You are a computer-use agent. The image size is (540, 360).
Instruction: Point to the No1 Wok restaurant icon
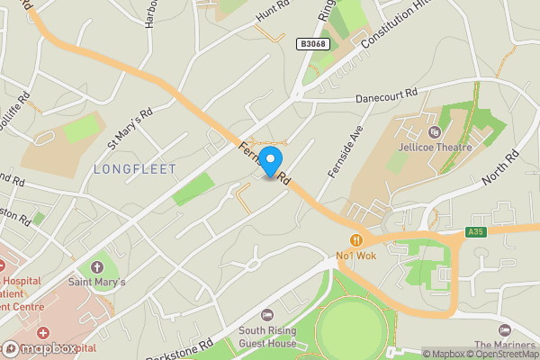[x=357, y=240]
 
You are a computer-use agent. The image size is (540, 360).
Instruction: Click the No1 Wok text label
[x=357, y=256]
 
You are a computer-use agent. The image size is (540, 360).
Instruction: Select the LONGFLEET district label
[x=134, y=168]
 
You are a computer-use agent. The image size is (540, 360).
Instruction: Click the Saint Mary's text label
[x=96, y=282]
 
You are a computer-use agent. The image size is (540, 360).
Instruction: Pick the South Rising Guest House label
[x=267, y=337]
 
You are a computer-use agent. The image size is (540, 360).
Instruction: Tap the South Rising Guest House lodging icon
[x=267, y=314]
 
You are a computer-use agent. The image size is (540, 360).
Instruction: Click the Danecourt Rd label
[x=387, y=94]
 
